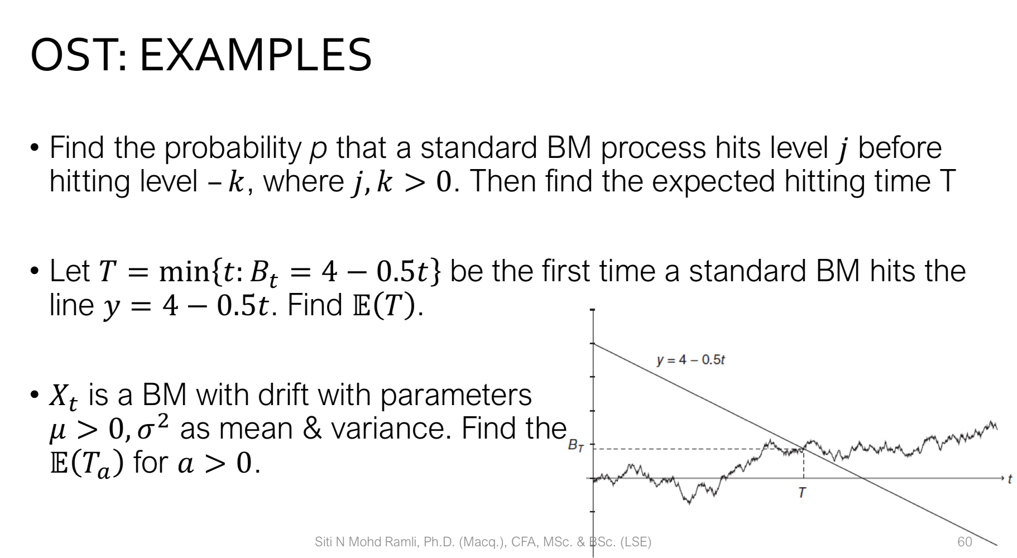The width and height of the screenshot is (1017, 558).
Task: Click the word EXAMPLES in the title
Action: [255, 55]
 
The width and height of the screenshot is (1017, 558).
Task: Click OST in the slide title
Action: [74, 55]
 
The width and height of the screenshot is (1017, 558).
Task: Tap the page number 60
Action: [965, 542]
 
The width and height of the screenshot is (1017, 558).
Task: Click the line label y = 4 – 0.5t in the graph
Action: [690, 360]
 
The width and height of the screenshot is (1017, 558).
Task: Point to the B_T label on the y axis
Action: [575, 446]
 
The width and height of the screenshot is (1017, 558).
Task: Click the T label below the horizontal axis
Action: [802, 493]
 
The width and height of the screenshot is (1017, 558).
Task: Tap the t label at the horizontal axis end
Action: [1009, 479]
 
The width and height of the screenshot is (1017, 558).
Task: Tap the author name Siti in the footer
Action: [323, 542]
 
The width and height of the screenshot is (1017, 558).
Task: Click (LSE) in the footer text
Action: [636, 542]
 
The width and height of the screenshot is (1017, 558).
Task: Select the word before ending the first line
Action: [899, 148]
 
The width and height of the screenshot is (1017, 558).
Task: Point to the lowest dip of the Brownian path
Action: [689, 502]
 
